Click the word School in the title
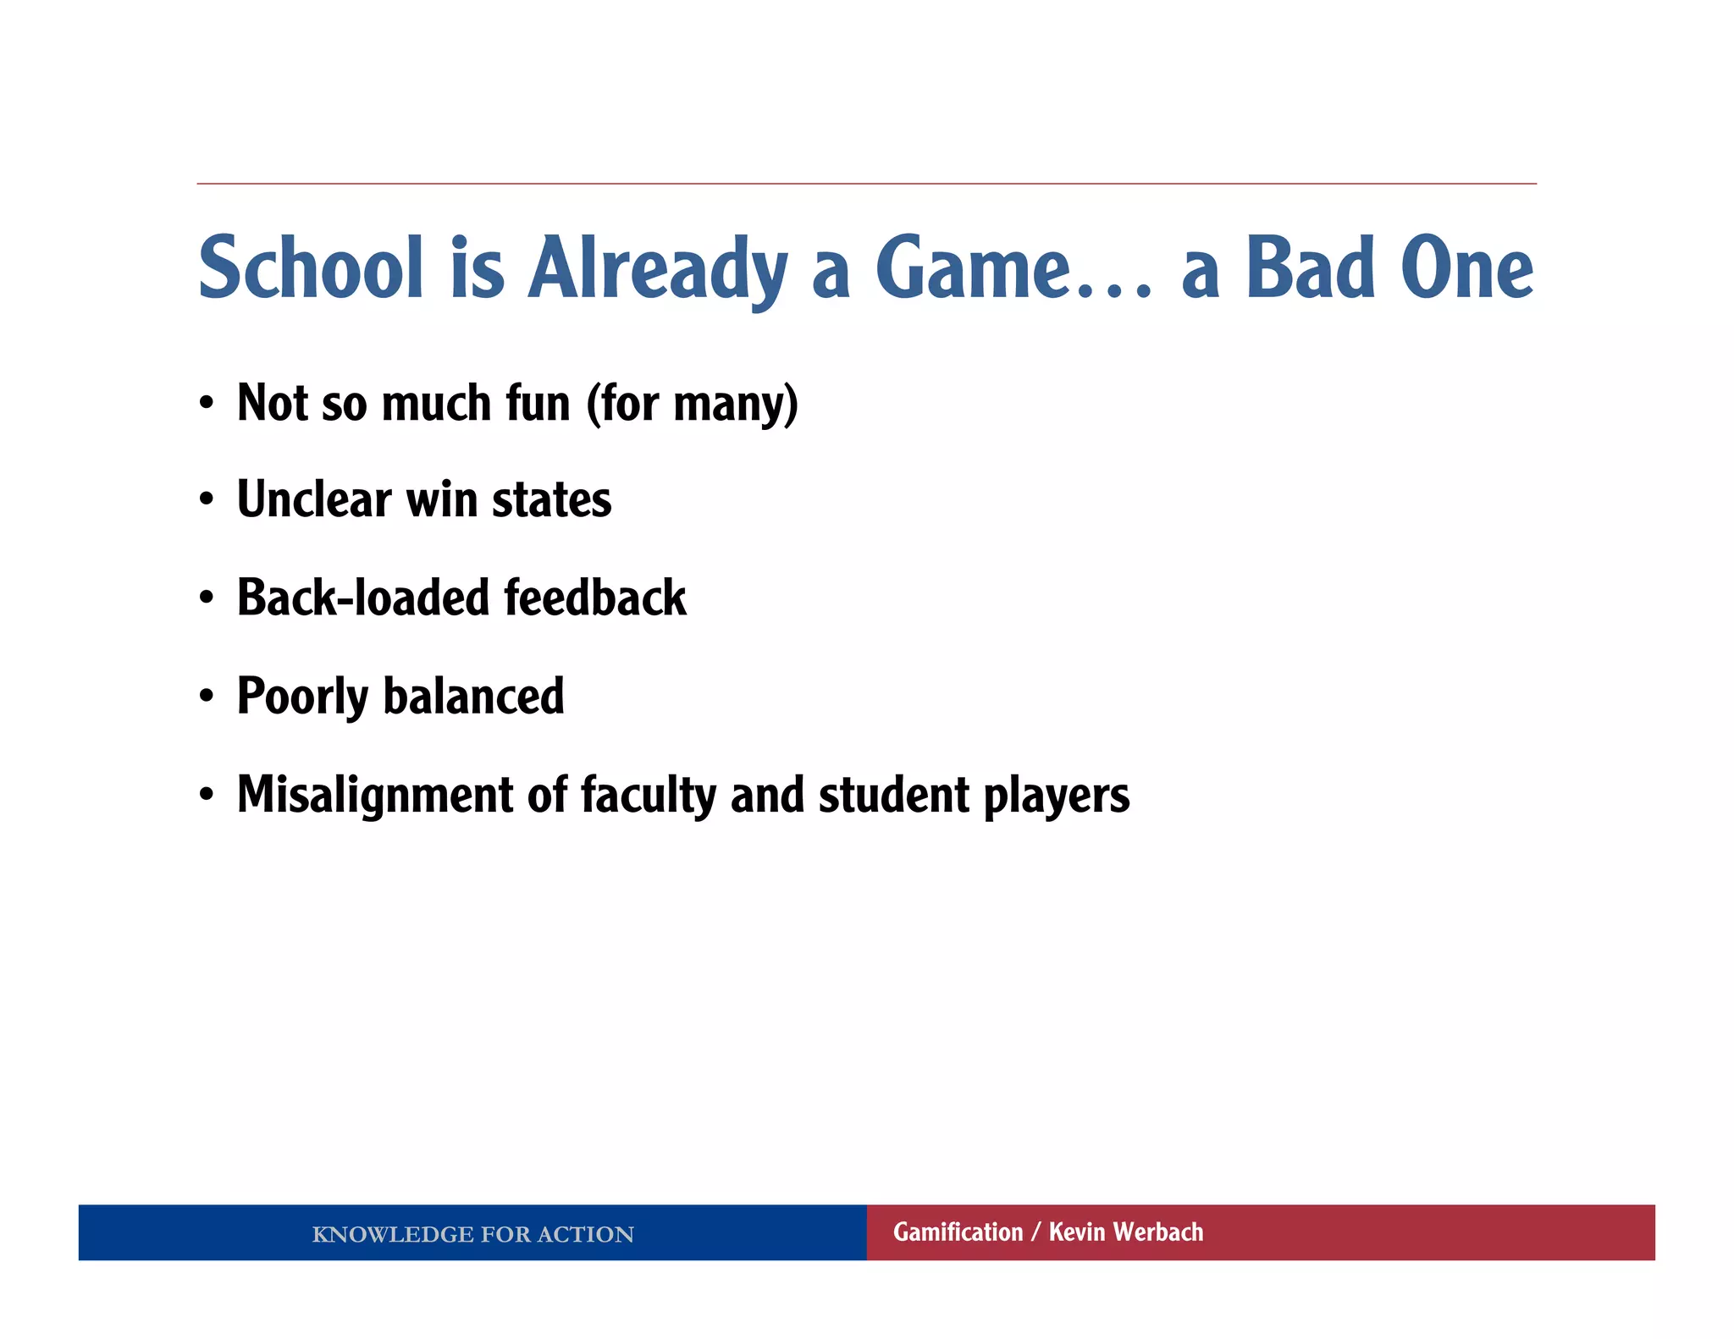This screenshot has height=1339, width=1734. [x=310, y=268]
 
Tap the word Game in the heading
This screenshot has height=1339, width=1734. [x=974, y=268]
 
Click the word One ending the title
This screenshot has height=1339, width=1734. [x=1466, y=268]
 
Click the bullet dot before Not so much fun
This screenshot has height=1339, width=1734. [x=207, y=404]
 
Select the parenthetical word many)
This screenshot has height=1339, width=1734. [x=735, y=405]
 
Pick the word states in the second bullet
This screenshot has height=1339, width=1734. [x=551, y=500]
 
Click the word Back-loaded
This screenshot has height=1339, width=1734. [x=363, y=598]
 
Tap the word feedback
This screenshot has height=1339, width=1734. [x=594, y=598]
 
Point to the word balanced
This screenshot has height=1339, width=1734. [x=473, y=696]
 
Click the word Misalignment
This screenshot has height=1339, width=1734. [x=375, y=796]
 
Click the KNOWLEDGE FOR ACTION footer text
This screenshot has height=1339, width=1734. [x=472, y=1234]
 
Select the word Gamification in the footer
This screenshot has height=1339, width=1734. [x=958, y=1232]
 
